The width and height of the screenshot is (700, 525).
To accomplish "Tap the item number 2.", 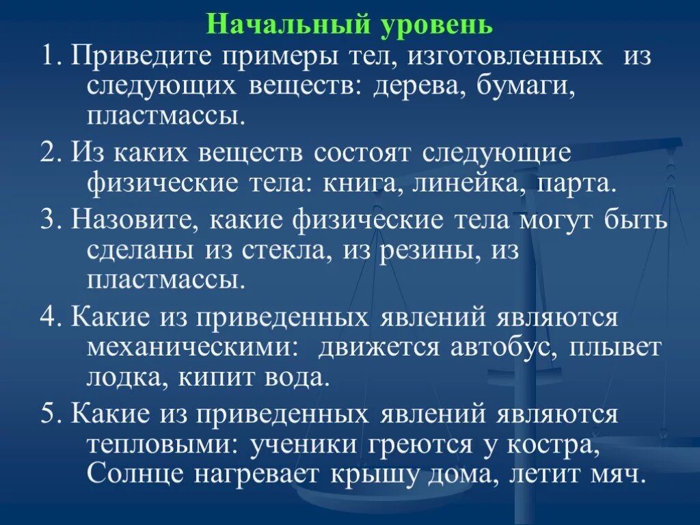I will [x=51, y=153].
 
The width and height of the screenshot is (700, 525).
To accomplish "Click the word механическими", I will [x=192, y=348].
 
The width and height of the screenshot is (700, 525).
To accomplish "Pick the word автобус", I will [x=507, y=348].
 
